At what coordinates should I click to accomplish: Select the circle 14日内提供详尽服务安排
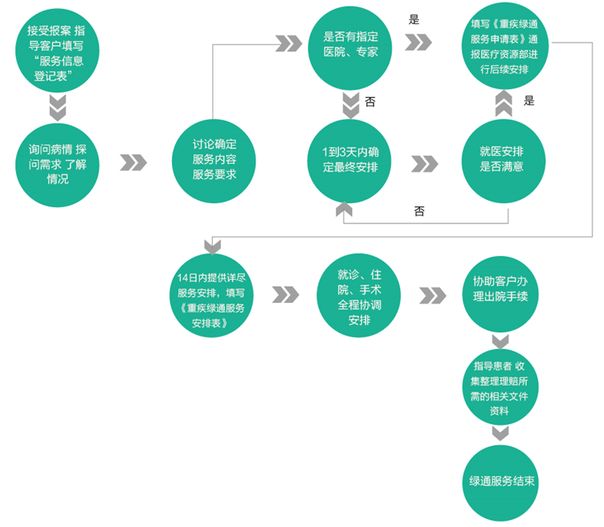point(213,295)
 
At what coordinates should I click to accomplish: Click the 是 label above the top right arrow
point(414,20)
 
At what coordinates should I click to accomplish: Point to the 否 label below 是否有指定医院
point(370,102)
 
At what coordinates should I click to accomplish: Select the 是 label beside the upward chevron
point(529,100)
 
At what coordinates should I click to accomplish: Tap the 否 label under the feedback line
point(419,211)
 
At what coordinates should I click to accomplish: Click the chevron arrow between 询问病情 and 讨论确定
point(133,163)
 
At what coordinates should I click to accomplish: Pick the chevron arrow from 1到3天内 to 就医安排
point(425,163)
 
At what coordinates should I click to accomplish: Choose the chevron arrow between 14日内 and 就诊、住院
point(285,295)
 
